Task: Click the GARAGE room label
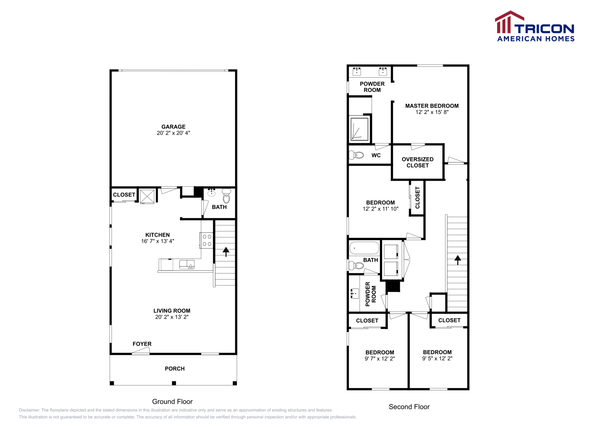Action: [x=173, y=127]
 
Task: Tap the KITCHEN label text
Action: [x=158, y=235]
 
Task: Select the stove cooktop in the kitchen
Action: [x=207, y=240]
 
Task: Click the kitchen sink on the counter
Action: [x=187, y=264]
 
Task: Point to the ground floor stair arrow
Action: [x=226, y=252]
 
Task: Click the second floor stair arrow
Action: [x=458, y=260]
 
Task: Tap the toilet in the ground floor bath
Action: [x=227, y=196]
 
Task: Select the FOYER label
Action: [x=142, y=344]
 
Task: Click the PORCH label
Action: [x=175, y=369]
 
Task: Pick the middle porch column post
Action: [x=174, y=383]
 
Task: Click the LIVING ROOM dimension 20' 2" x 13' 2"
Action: [x=172, y=317]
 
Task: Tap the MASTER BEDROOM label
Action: [x=432, y=106]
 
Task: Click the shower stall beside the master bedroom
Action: [x=360, y=129]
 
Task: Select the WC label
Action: [x=376, y=155]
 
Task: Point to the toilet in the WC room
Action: [x=356, y=155]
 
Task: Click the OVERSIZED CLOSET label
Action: [x=418, y=162]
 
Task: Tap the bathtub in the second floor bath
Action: [x=364, y=248]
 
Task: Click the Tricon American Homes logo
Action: [x=534, y=26]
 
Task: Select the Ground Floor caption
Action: [x=172, y=402]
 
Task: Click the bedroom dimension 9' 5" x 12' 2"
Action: [x=437, y=358]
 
